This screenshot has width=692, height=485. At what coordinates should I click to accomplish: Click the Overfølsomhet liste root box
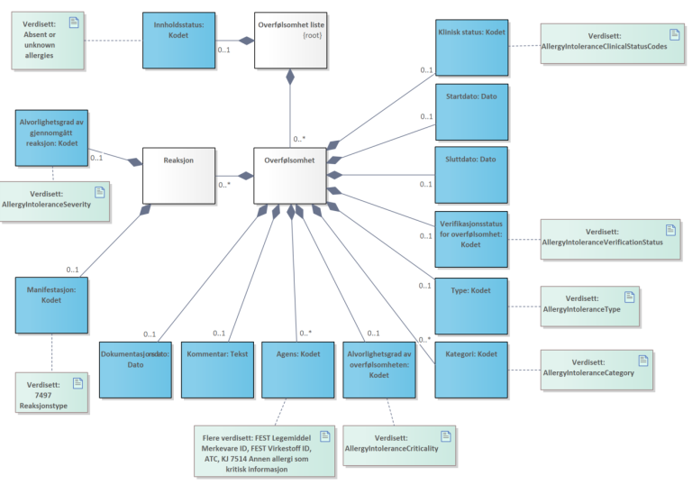290,40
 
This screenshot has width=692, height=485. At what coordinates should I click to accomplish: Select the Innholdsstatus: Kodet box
179,40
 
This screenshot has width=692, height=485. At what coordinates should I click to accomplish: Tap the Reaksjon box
180,175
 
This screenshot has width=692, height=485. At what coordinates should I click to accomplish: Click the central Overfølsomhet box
290,175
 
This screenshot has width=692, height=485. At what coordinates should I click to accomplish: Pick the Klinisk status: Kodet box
471,47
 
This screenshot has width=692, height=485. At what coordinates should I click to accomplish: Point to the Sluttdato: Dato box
471,174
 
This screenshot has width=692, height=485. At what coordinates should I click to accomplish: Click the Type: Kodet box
471,306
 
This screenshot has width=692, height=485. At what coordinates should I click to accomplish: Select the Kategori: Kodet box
471,369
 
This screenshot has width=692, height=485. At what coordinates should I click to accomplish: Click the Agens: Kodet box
298,369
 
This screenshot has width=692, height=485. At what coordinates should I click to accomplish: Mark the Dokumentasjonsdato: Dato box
135,369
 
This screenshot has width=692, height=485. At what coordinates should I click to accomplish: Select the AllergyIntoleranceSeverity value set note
54,199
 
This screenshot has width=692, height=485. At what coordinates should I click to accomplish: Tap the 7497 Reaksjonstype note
54,393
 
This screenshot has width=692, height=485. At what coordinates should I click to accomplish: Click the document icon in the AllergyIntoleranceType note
629,295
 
